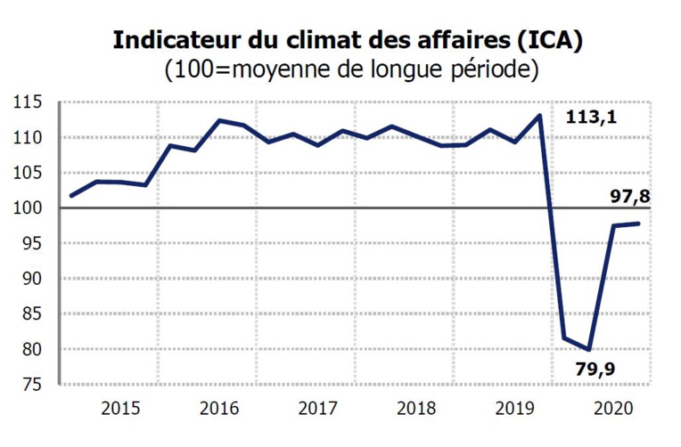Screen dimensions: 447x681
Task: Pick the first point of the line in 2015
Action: pos(71,195)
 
